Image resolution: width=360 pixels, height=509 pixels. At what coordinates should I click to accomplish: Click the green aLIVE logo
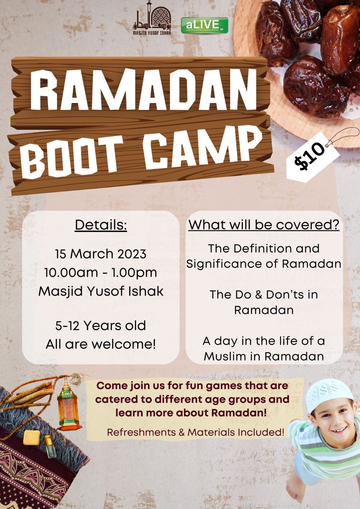(204, 25)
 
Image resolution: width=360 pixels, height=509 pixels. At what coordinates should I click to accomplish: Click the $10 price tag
(313, 156)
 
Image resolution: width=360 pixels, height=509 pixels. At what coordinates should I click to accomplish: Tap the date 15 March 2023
(101, 254)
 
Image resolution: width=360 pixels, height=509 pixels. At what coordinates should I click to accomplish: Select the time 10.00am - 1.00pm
(101, 273)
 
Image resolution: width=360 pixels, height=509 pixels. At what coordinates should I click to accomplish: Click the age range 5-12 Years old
(101, 325)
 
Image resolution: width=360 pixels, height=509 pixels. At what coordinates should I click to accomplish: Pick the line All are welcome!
(101, 344)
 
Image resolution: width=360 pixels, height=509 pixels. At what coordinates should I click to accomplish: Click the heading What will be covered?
(264, 225)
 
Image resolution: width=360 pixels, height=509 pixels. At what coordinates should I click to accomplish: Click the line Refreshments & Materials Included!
(195, 432)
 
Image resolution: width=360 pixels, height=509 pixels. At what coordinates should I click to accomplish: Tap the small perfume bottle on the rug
(50, 446)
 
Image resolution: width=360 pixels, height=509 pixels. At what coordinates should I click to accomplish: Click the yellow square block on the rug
(32, 438)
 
